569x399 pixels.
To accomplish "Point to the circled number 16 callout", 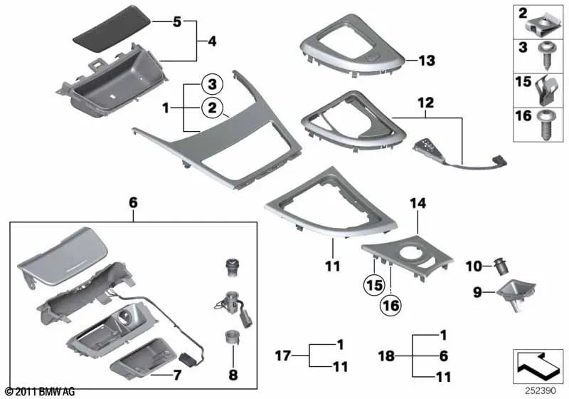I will click(390, 306).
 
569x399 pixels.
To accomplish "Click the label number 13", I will click(426, 61).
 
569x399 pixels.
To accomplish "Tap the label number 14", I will click(416, 204).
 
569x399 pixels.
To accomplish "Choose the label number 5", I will click(177, 22).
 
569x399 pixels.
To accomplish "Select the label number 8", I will click(233, 374).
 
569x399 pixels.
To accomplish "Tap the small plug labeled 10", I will click(499, 267).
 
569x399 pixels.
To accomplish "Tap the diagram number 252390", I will click(538, 392).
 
